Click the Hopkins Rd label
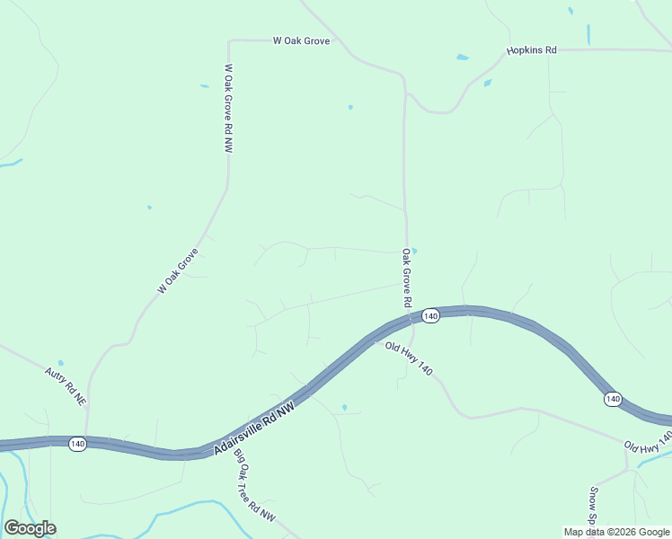tap(531, 50)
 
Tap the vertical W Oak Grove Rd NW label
tap(228, 109)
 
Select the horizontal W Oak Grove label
tap(302, 40)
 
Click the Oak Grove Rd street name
tap(406, 278)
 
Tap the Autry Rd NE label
tap(66, 384)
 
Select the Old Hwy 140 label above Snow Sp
tap(648, 441)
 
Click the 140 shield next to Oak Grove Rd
tap(430, 316)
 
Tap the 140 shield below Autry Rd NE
tap(77, 445)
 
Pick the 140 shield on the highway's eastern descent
tap(613, 399)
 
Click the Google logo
tap(30, 528)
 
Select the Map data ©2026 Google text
tap(616, 532)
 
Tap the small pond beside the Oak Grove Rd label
tap(413, 251)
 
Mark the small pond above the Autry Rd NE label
tap(60, 363)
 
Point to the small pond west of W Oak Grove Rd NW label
tap(205, 86)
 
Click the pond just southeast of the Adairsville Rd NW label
tap(344, 407)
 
